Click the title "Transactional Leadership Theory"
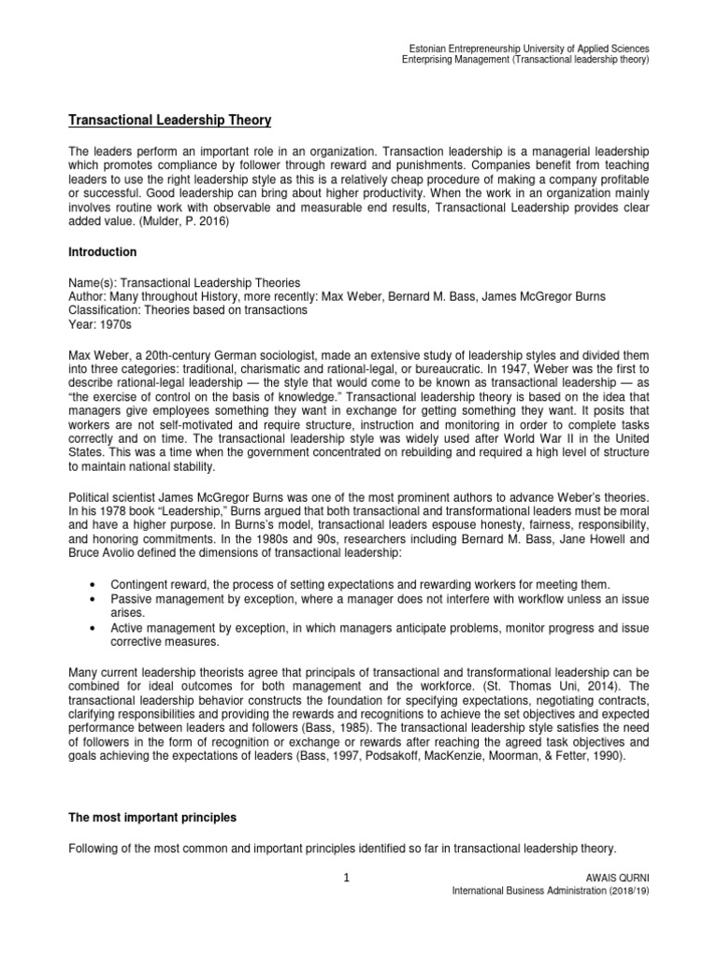[x=171, y=120]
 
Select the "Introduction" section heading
[x=104, y=252]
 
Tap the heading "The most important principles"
[x=153, y=817]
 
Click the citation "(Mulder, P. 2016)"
[x=167, y=224]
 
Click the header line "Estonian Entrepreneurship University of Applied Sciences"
[x=531, y=48]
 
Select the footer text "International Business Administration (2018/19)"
[x=550, y=893]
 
